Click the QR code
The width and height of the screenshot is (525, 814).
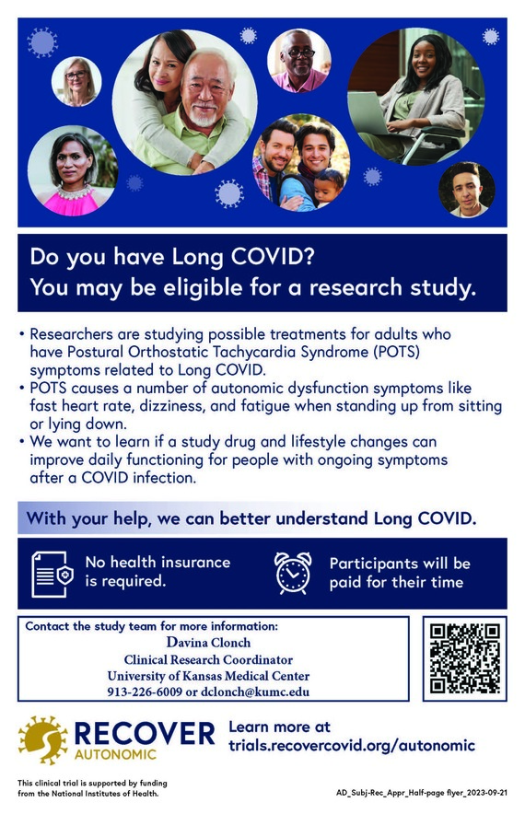pyautogui.click(x=465, y=657)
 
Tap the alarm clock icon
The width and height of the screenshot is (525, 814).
pyautogui.click(x=294, y=572)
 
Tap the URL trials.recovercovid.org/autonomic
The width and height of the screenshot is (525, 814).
pyautogui.click(x=351, y=745)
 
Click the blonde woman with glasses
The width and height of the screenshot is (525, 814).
pyautogui.click(x=76, y=81)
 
